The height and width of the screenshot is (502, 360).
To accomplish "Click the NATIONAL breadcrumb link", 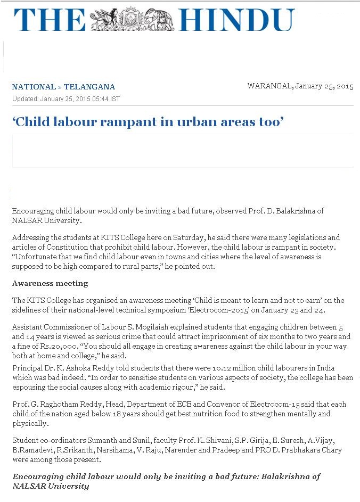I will pyautogui.click(x=34, y=87).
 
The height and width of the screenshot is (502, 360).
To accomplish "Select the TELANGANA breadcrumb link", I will pyautogui.click(x=89, y=87).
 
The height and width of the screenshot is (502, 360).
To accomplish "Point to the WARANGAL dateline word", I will pyautogui.click(x=269, y=86).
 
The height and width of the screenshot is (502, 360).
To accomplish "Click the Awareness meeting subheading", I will pyautogui.click(x=50, y=283).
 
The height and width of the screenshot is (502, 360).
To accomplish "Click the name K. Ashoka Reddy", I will pyautogui.click(x=84, y=368).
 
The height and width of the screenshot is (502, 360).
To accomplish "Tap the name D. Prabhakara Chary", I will pyautogui.click(x=303, y=450).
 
